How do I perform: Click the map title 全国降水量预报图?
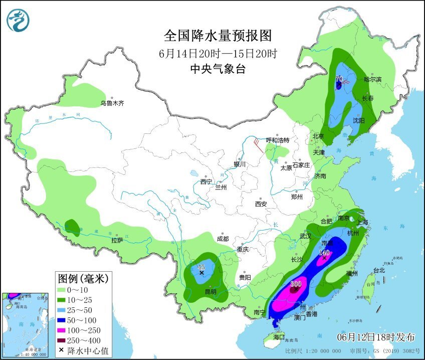click(x=218, y=36)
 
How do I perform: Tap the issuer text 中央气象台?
click(x=218, y=70)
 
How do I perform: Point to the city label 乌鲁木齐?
click(x=111, y=103)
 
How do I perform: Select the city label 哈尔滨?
click(x=373, y=79)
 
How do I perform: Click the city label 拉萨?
click(x=118, y=241)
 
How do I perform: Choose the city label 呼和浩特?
click(x=278, y=140)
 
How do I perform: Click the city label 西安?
click(x=261, y=204)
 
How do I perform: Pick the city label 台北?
click(x=379, y=270)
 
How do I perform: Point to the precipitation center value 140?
click(x=324, y=253)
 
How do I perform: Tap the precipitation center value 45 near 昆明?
click(x=202, y=267)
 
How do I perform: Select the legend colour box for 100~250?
click(x=65, y=330)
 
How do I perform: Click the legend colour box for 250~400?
click(x=65, y=340)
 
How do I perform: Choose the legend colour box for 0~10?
click(x=65, y=289)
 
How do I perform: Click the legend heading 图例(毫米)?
click(x=83, y=277)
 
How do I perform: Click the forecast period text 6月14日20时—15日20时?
click(x=218, y=53)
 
